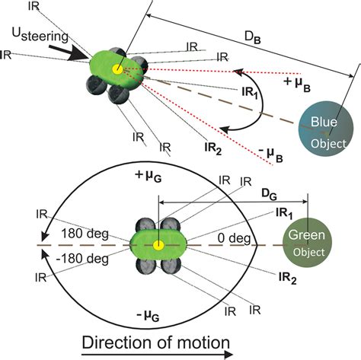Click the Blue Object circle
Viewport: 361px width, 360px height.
[328, 127]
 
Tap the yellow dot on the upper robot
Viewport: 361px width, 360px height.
[117, 69]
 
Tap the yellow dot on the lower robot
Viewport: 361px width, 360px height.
[158, 246]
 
